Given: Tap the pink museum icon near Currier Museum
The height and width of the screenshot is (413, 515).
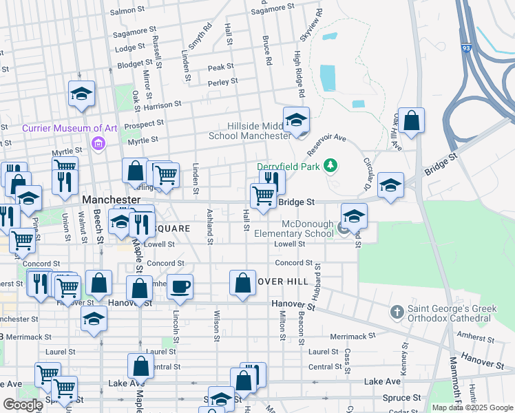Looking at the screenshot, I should pyautogui.click(x=97, y=143).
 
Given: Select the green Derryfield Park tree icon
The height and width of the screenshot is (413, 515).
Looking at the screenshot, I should pyautogui.click(x=331, y=165).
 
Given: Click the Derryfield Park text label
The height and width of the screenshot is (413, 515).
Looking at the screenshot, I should pyautogui.click(x=290, y=166).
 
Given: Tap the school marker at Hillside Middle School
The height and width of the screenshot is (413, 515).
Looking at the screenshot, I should pyautogui.click(x=296, y=120).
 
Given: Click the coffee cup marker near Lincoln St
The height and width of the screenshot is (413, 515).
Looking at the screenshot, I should pyautogui.click(x=180, y=286).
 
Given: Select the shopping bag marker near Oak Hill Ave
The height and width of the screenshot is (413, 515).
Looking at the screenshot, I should pyautogui.click(x=411, y=121).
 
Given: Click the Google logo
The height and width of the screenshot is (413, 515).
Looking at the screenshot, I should pyautogui.click(x=23, y=405).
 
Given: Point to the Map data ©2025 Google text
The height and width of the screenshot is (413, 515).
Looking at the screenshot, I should pyautogui.click(x=472, y=407).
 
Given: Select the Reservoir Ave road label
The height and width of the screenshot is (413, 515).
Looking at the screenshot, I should pyautogui.click(x=326, y=145).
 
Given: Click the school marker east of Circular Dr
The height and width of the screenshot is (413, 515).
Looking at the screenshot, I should pyautogui.click(x=390, y=186).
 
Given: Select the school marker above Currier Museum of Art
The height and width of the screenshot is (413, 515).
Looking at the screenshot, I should pyautogui.click(x=81, y=95).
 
